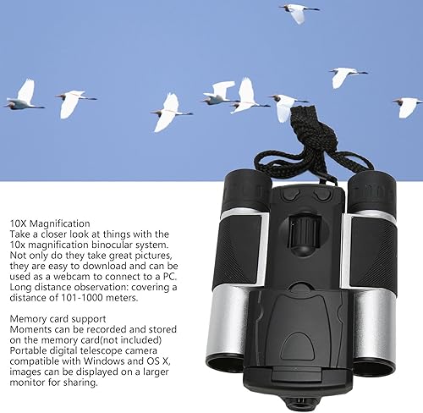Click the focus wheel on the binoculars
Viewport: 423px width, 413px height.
click(x=296, y=233)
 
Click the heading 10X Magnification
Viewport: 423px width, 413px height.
click(x=51, y=222)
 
